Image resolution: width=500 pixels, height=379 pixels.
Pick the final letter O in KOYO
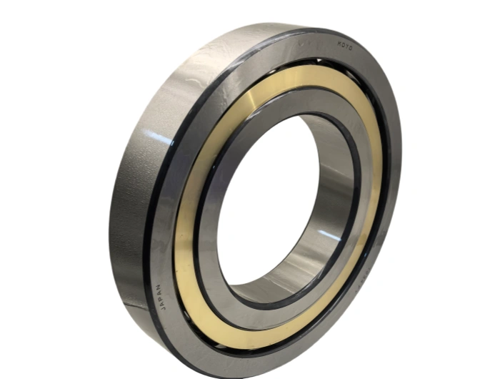tap(351, 51)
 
